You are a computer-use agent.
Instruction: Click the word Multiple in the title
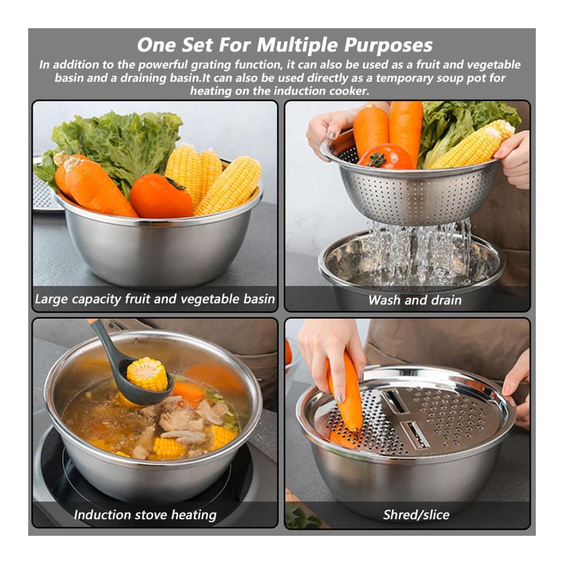[297, 46]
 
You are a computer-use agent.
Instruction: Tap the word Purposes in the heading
[388, 46]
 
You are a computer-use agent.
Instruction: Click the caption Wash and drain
[415, 300]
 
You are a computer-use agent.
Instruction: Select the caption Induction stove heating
[145, 515]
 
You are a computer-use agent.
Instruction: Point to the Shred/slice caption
[416, 515]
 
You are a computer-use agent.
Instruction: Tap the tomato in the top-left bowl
[161, 196]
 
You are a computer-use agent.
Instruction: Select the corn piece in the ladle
[147, 374]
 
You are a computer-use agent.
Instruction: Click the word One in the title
[156, 46]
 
